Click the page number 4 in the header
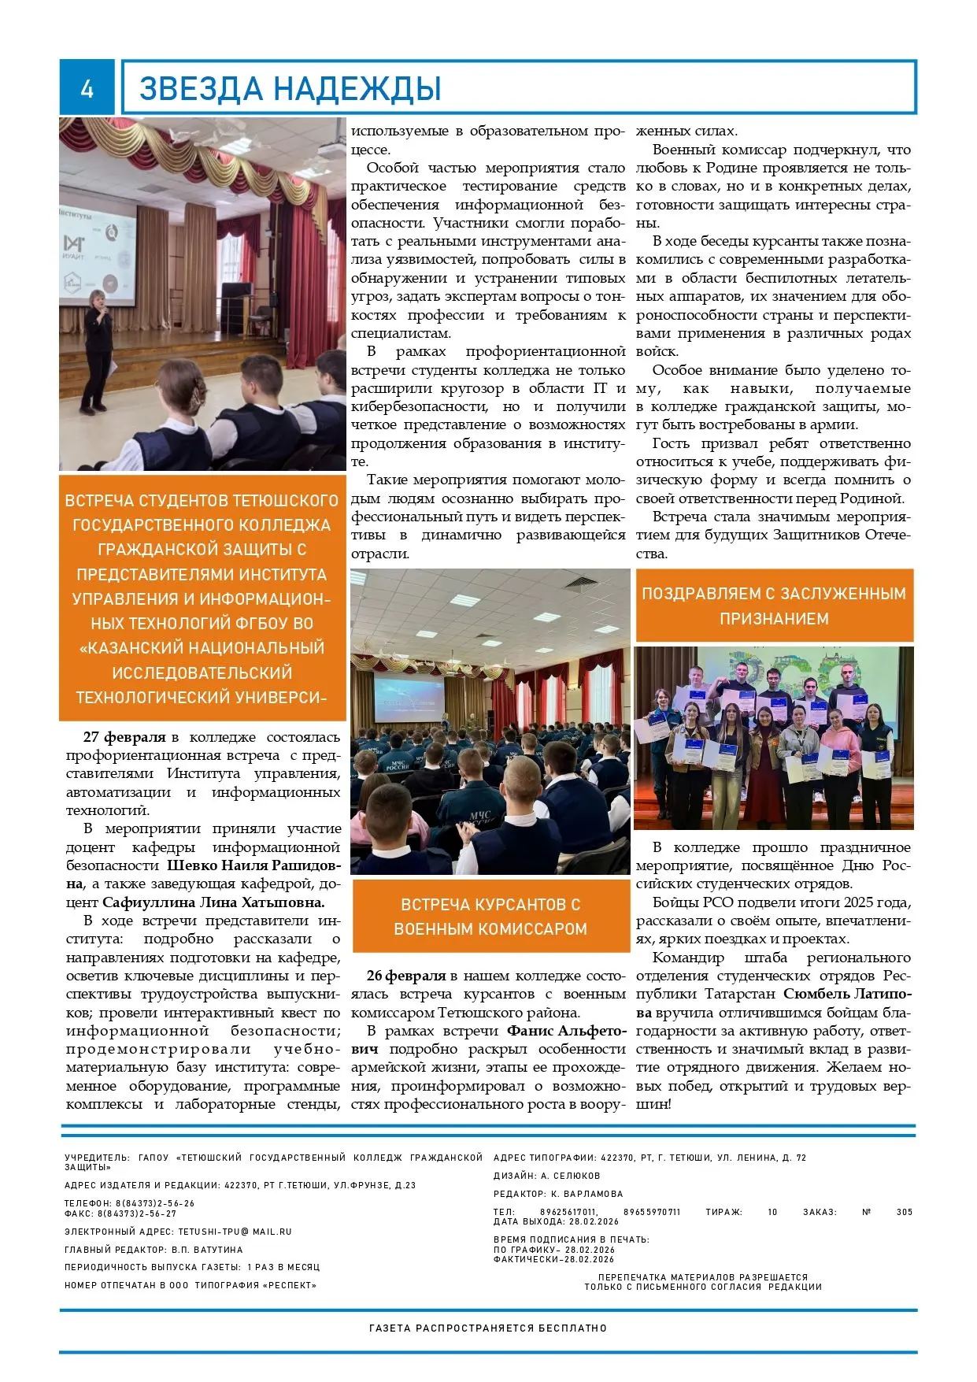coord(87,87)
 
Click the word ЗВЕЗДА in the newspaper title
coord(201,89)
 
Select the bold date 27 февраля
coord(124,737)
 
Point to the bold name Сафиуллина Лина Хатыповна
coord(213,902)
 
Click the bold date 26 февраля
coord(406,976)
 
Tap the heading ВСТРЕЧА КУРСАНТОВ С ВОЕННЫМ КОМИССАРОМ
coord(490,916)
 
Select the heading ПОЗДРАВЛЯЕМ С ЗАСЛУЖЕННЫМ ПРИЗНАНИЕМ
coord(774,606)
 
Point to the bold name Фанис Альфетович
coord(565,1031)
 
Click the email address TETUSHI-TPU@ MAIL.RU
coord(235,1232)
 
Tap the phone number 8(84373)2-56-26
coord(155,1203)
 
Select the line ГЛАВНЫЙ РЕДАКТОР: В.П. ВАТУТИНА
coord(154,1250)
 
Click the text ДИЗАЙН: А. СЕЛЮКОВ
coord(546,1176)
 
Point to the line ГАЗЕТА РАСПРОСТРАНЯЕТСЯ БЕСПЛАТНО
coord(488,1328)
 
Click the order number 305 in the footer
coord(904,1212)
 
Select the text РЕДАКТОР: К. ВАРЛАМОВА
coord(557,1194)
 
